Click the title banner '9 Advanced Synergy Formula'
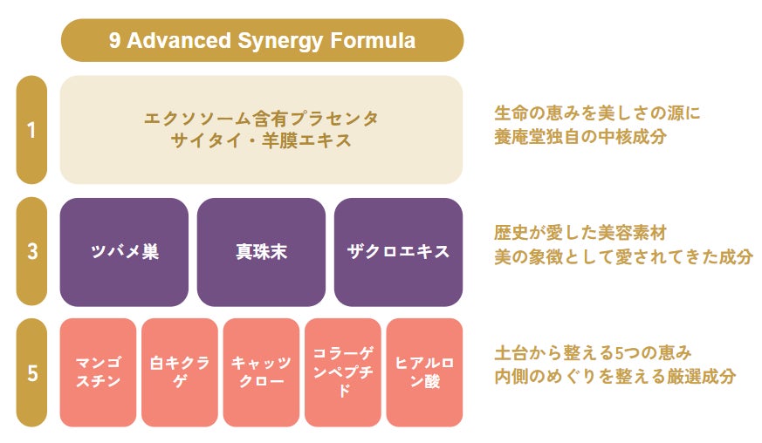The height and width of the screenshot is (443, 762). tap(262, 40)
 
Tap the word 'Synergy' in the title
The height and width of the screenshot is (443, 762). tap(280, 41)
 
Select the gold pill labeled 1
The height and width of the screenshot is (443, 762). tap(31, 130)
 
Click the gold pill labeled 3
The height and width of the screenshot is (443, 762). tap(31, 252)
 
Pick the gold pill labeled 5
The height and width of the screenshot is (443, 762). tap(31, 372)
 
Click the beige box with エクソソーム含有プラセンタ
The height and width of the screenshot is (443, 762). tap(262, 130)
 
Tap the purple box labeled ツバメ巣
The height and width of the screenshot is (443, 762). tap(125, 252)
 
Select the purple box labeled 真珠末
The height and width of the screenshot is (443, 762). tap(262, 252)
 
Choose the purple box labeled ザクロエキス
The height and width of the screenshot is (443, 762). tap(399, 252)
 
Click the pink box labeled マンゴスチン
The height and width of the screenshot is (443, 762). tap(98, 372)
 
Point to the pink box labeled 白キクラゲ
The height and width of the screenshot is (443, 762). tap(180, 372)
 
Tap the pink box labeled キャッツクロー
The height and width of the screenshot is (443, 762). tap(262, 372)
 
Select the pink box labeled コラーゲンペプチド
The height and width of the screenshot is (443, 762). tap(343, 372)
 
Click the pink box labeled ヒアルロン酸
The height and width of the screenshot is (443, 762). tap(425, 372)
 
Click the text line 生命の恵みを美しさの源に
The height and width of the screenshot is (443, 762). tap(597, 113)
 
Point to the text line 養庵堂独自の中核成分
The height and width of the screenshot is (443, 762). tap(580, 137)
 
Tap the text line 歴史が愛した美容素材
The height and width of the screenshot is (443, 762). tap(580, 233)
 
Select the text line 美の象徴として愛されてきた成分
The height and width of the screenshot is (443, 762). tap(623, 257)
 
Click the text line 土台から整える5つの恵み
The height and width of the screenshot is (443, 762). tap(593, 352)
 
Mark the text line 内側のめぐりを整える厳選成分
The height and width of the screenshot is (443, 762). tap(614, 377)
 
